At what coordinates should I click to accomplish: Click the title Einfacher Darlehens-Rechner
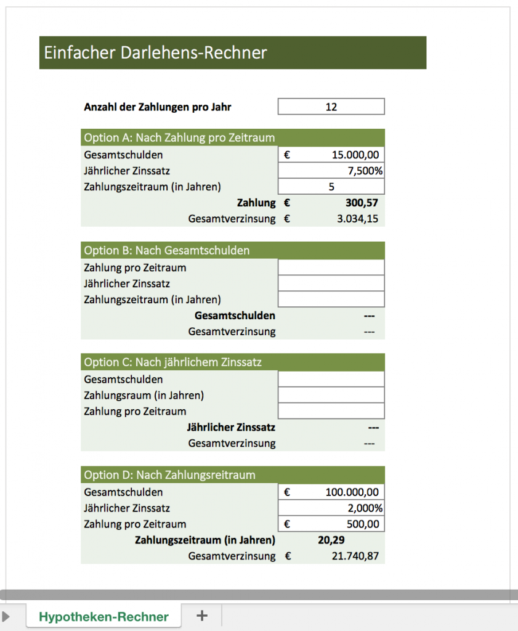point(155,52)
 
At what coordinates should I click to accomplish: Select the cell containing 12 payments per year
point(331,107)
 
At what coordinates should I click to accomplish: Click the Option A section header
point(179,137)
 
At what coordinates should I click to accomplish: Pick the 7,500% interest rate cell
point(365,171)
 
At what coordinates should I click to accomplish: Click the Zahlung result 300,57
point(363,203)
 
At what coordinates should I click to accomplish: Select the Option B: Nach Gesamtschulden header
point(167,250)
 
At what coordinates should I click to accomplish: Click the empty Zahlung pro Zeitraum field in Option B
point(331,267)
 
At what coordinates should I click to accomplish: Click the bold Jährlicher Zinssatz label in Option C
point(231,427)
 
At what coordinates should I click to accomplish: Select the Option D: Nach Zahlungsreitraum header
point(169,475)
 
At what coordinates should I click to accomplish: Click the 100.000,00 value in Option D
point(352,492)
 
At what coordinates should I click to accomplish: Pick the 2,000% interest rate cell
point(365,508)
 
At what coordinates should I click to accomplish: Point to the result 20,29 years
point(331,540)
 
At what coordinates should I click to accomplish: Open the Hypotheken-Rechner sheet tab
point(103,617)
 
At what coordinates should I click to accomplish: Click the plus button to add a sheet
point(201,616)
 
